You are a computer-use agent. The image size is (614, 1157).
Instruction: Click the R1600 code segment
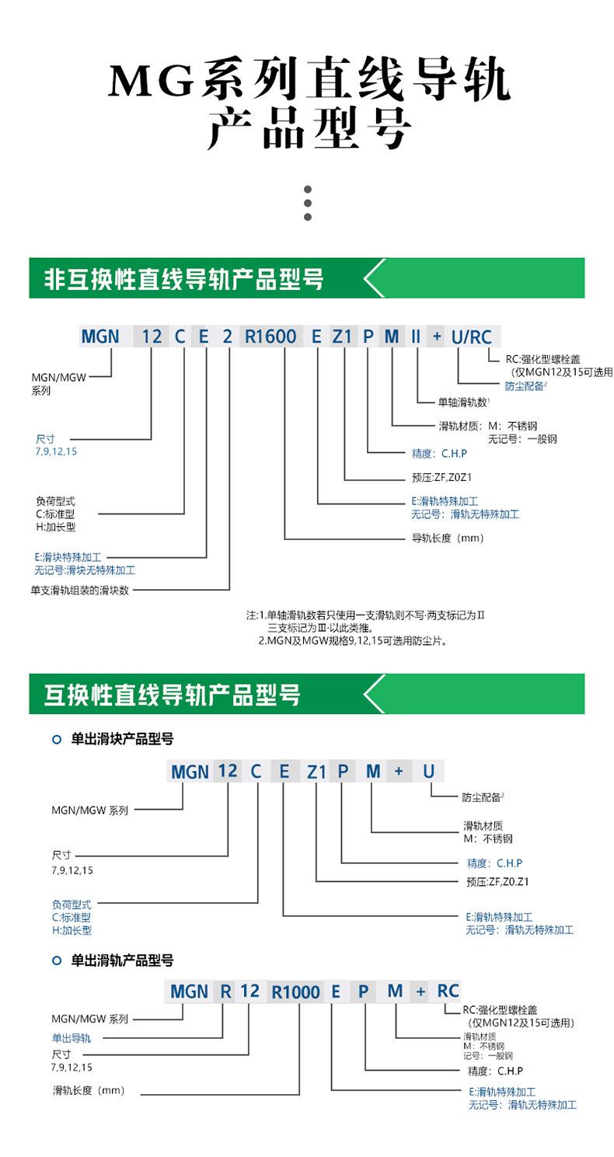[270, 336]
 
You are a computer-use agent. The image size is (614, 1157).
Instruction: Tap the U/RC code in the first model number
[471, 337]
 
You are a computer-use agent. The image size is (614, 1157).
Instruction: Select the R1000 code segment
[295, 991]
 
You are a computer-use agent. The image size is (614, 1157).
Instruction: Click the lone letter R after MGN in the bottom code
[226, 991]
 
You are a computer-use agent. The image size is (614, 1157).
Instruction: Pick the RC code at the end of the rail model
[448, 991]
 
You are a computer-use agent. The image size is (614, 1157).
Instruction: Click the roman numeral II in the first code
[416, 336]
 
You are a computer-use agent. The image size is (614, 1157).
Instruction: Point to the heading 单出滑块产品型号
[122, 739]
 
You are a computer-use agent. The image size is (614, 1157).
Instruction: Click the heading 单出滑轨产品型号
[122, 960]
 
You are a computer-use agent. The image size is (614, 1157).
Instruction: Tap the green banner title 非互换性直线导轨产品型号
[183, 279]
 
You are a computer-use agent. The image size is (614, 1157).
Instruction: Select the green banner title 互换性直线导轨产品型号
[172, 695]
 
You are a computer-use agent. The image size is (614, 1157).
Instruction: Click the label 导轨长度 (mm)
[448, 538]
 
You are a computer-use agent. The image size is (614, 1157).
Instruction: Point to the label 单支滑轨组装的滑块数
[79, 590]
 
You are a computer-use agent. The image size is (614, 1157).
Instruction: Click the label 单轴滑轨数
[463, 402]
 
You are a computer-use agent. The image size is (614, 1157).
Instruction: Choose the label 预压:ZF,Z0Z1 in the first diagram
[441, 477]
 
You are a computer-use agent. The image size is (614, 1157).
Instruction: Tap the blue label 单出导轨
[72, 1038]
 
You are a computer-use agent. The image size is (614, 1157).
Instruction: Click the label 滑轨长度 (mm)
[89, 1090]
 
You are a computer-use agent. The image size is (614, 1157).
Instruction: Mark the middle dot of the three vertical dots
[308, 203]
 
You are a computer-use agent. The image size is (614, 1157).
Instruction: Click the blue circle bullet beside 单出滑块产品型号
[57, 740]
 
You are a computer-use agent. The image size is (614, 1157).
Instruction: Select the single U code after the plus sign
[428, 771]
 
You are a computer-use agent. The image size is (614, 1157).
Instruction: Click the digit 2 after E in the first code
[228, 336]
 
